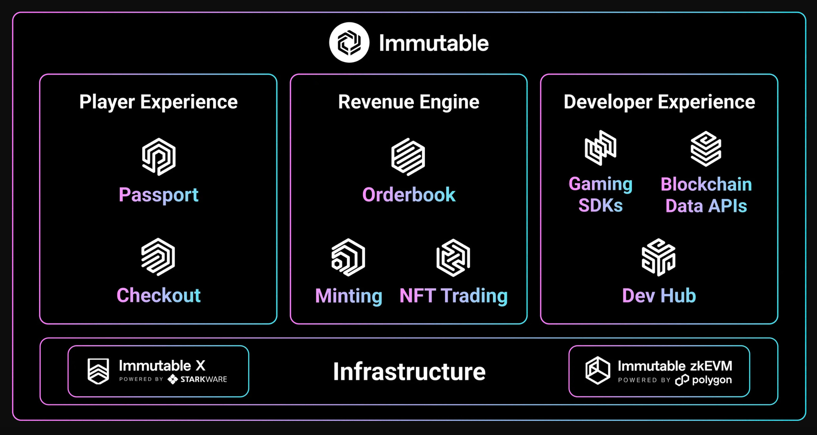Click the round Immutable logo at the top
coord(349,43)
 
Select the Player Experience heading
coord(158,102)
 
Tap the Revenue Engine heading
coord(408,102)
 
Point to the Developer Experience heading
coord(659,102)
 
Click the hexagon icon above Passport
coord(158,157)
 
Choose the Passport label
coord(158,195)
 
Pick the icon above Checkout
coord(158,257)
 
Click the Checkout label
coord(158,295)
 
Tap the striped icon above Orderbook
coord(408,157)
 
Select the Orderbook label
coord(408,195)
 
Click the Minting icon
coord(348,258)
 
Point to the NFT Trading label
coord(453,296)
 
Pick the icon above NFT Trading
coord(453,258)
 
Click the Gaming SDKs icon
coord(600,148)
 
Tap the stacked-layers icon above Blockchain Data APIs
coord(706,148)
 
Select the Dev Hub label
coord(659,296)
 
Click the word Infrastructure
coord(409,372)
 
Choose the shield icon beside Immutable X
coord(98,371)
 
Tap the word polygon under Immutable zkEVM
coord(712,380)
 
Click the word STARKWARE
coord(203,379)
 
